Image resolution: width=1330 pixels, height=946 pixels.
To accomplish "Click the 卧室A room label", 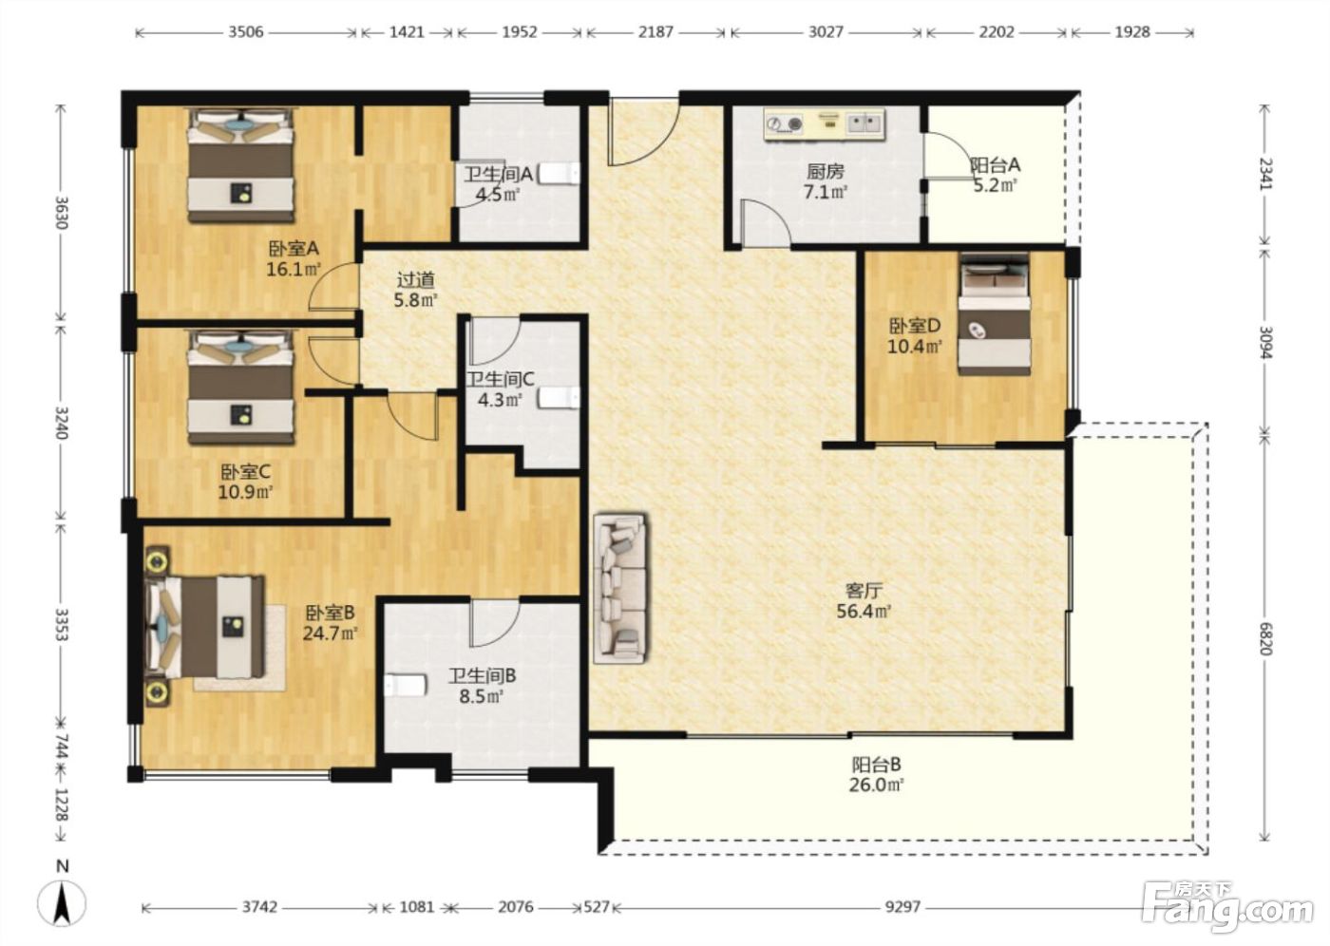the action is (x=294, y=248).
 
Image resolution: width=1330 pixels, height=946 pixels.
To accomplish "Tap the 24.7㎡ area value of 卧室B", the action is (x=331, y=634).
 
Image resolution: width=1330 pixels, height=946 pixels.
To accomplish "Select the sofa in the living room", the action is (x=620, y=588).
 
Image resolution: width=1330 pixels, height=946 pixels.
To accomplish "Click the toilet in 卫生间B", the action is (x=406, y=685).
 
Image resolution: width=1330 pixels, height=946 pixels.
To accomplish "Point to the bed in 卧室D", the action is (x=994, y=314).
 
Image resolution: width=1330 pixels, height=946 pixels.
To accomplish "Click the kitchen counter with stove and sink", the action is (x=825, y=125).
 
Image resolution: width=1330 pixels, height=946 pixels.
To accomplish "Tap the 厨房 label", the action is (x=826, y=172).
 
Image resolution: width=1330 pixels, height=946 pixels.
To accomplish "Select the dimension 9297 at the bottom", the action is (x=902, y=906).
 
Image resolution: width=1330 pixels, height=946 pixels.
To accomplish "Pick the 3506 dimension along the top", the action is (x=246, y=32).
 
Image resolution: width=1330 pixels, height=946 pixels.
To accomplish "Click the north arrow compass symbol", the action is (x=62, y=902).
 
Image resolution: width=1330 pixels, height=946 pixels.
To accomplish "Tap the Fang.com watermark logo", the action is (x=1227, y=907).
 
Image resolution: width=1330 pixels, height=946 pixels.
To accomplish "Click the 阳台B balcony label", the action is (x=876, y=764).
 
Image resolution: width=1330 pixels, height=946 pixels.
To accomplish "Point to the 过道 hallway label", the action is (x=416, y=279).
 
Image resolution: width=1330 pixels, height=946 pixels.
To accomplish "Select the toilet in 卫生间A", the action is (x=559, y=174).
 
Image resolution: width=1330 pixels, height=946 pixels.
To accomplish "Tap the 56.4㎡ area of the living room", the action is (x=864, y=611).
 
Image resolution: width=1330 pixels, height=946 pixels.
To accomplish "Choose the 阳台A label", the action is (x=996, y=165).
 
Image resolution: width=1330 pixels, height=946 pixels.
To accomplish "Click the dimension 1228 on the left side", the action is (x=61, y=804).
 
